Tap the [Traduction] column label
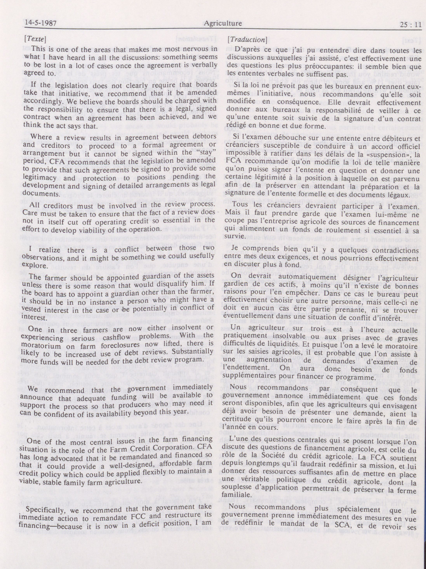tap(248, 39)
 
